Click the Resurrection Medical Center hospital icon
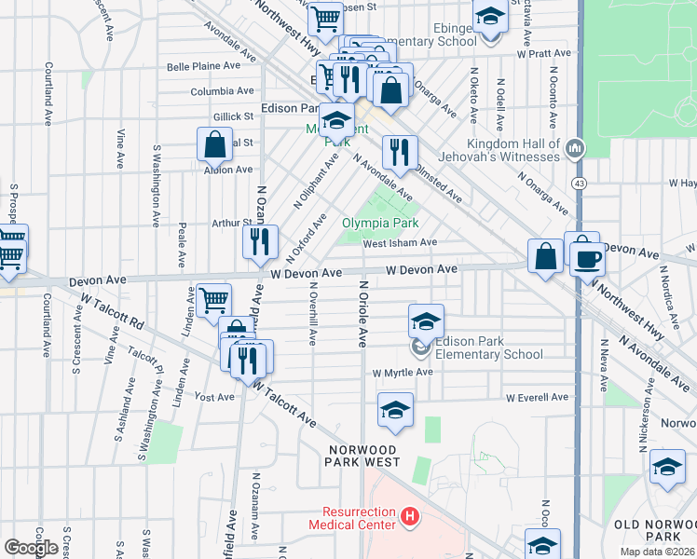(x=407, y=516)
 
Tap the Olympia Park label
(x=380, y=223)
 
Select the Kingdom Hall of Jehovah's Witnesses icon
(x=575, y=147)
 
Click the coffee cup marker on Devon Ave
(x=587, y=258)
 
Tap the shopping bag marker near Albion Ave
(x=214, y=146)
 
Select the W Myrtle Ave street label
(x=403, y=373)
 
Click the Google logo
(x=31, y=547)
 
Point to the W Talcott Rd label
(x=113, y=312)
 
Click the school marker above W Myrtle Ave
(x=426, y=321)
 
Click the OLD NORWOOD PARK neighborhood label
(x=655, y=531)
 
